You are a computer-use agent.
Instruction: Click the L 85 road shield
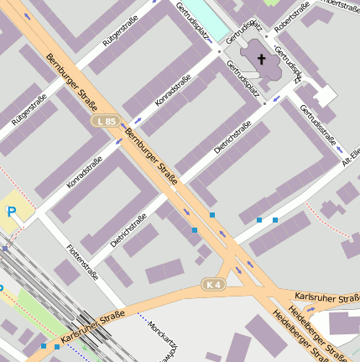pos(104,122)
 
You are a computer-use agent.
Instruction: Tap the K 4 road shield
pos(213,285)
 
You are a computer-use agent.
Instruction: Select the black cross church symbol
pos(262,59)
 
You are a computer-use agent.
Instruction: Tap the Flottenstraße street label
pos(82,261)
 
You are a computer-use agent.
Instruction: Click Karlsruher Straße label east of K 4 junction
pos(327,298)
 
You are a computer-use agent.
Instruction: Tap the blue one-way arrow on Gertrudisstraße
pos(278,99)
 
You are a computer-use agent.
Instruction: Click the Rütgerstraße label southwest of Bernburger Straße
pos(29,110)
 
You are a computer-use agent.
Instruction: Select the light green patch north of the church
pos(270,3)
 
